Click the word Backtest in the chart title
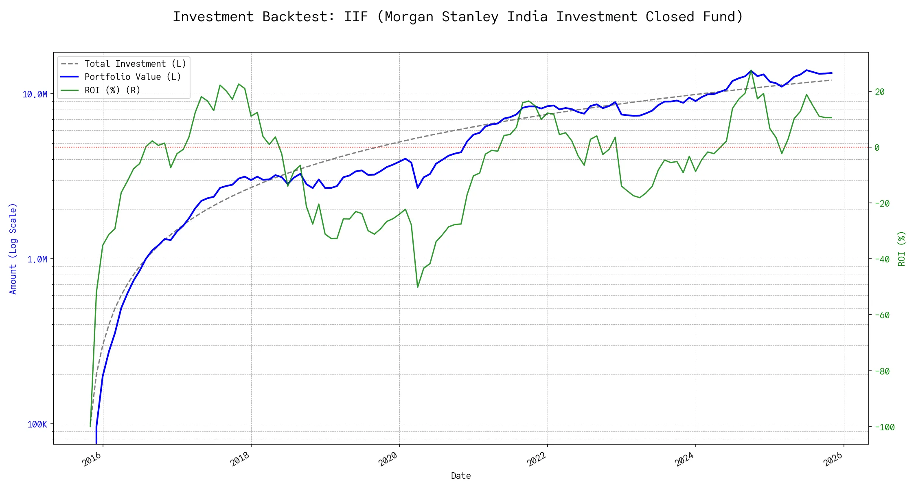pyautogui.click(x=298, y=17)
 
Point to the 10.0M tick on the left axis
pyautogui.click(x=35, y=95)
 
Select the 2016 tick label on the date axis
pyautogui.click(x=92, y=460)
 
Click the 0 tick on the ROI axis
pyautogui.click(x=877, y=148)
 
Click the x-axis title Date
pyautogui.click(x=461, y=476)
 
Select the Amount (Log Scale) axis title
pyautogui.click(x=13, y=249)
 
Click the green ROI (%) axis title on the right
pyautogui.click(x=902, y=249)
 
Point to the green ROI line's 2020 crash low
pyautogui.click(x=418, y=287)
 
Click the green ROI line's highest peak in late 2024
pyautogui.click(x=751, y=70)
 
